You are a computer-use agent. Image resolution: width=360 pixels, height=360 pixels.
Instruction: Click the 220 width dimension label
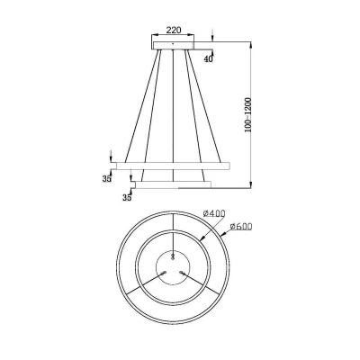[174, 30]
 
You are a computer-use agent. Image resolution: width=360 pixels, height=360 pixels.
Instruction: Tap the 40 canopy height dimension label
[208, 59]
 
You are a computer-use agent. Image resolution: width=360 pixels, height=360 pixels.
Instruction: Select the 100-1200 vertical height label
[247, 115]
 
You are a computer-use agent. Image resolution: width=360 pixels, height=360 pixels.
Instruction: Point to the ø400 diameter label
[214, 213]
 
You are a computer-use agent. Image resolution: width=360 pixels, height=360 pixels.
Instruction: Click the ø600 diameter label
[241, 227]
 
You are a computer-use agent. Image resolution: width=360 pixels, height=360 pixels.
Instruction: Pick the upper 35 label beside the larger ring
[107, 179]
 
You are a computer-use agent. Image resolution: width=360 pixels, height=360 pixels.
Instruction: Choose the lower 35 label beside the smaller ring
[127, 198]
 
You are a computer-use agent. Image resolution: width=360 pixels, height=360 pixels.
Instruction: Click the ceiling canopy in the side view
[174, 45]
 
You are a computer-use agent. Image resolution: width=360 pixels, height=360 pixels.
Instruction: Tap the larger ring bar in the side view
[173, 166]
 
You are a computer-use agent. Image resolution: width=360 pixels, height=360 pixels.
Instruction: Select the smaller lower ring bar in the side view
[173, 184]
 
